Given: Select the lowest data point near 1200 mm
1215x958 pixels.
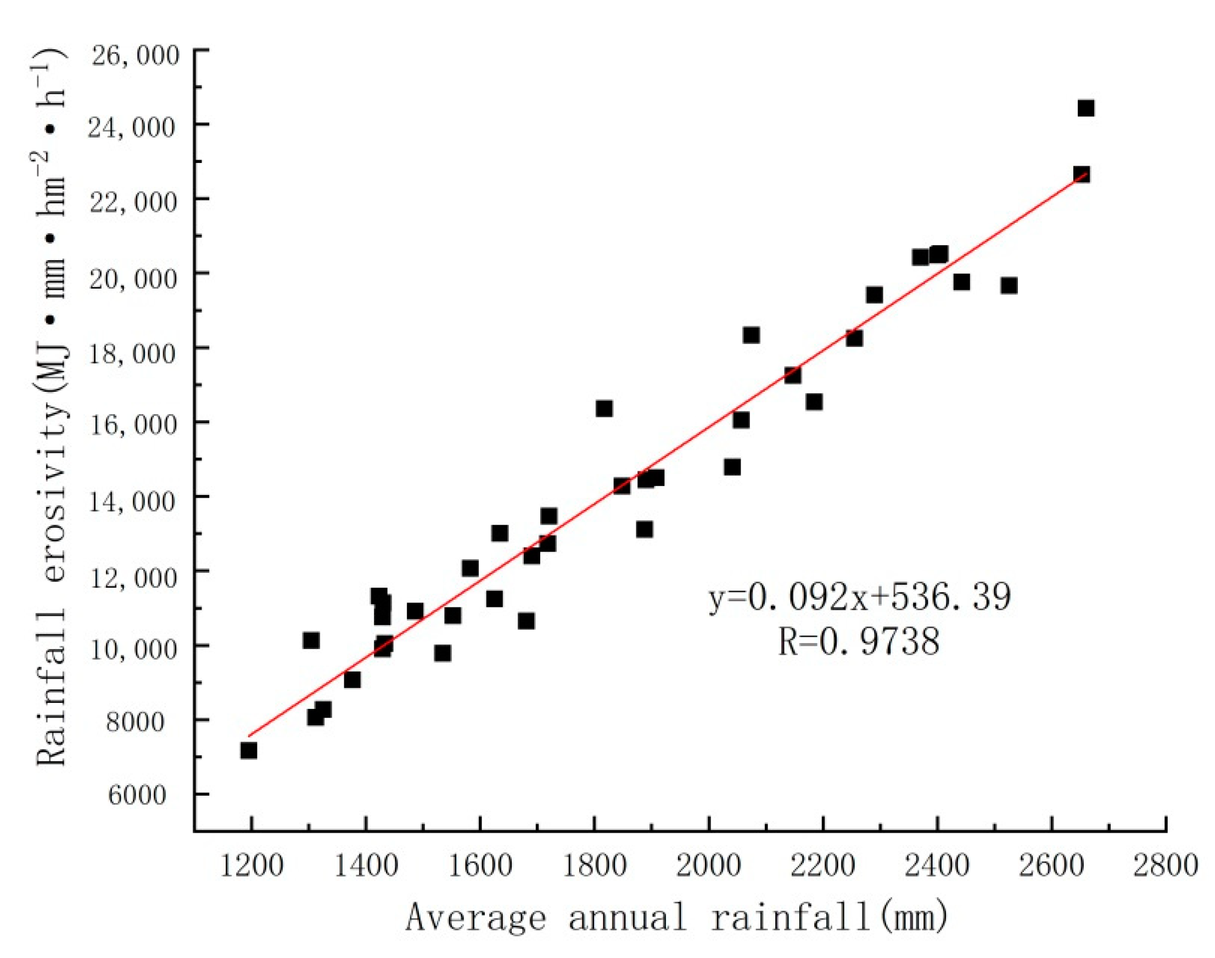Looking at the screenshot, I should coord(249,751).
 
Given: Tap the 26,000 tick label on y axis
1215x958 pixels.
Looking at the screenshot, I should coord(135,55).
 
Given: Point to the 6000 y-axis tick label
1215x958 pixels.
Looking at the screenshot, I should coord(137,795).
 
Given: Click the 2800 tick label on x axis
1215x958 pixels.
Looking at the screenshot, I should coord(1166,865).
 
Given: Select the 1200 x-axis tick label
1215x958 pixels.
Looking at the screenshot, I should coord(251,865).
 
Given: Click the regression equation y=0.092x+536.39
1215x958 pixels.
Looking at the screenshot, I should coord(859,597).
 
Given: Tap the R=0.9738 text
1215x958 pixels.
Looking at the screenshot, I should coord(859,641).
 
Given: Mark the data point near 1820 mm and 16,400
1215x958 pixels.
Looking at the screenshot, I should coord(604,408).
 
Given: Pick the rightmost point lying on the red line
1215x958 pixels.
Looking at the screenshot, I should coord(1082,174).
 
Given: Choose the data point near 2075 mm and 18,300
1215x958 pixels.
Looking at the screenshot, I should coord(752,335).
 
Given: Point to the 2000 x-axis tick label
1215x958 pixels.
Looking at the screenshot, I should coord(708,865).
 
